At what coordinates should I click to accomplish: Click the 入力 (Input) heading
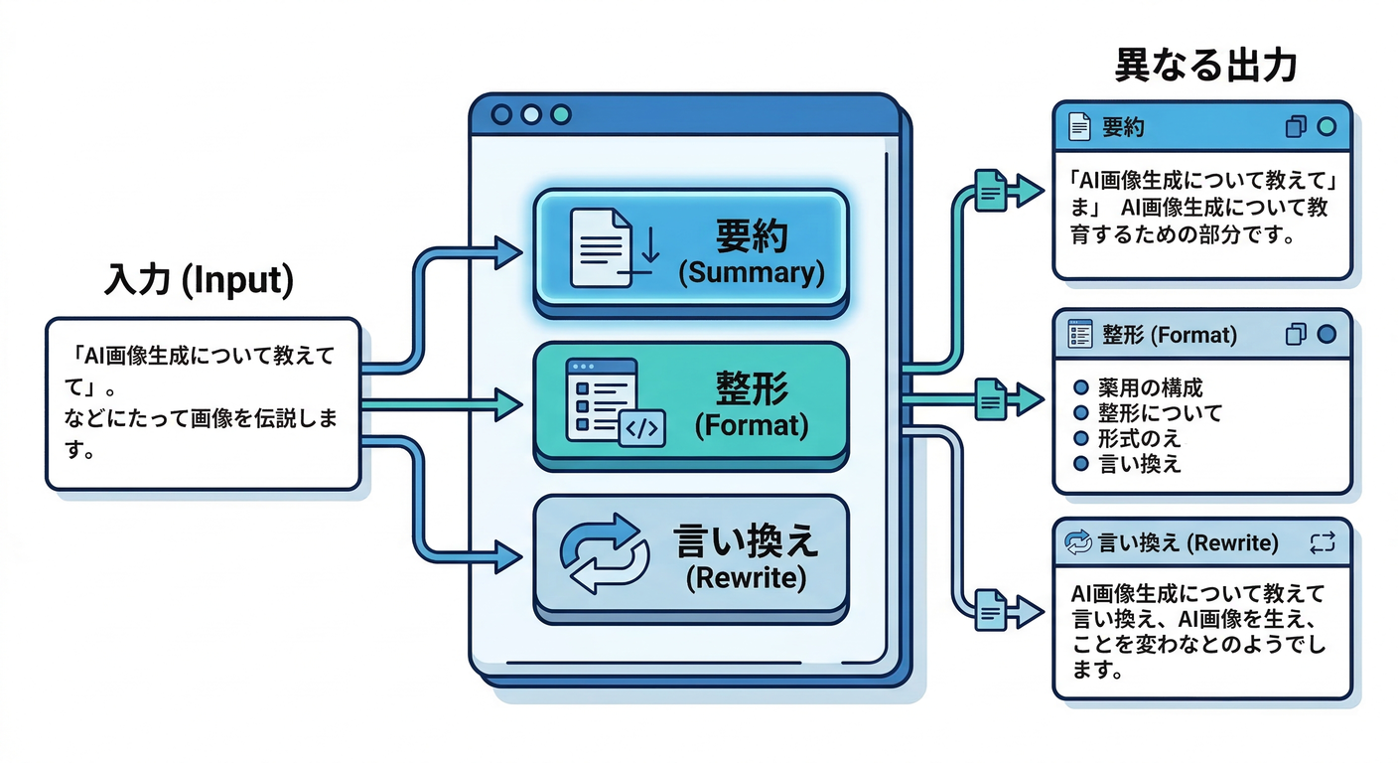click(x=199, y=280)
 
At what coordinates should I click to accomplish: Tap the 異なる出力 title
click(x=1205, y=67)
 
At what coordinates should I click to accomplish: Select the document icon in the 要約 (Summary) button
click(x=602, y=247)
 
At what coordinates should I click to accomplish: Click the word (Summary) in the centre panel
click(x=751, y=273)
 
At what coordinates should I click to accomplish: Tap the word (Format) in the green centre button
click(x=751, y=426)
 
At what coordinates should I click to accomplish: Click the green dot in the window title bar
click(x=561, y=114)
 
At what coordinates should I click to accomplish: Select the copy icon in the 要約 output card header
click(x=1295, y=127)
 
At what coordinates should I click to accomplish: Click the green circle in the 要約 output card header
click(x=1325, y=127)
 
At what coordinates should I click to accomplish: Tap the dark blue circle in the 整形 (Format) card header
click(x=1325, y=334)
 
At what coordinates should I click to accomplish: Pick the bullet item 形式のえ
click(x=1126, y=438)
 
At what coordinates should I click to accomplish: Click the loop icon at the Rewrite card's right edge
click(x=1323, y=542)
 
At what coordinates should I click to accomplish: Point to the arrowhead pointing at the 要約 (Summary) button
click(x=508, y=252)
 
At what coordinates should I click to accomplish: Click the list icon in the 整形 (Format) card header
click(x=1078, y=334)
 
